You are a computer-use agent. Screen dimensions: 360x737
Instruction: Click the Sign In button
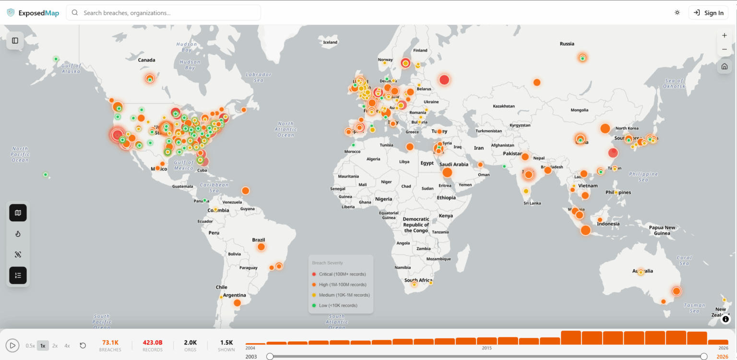[x=708, y=13]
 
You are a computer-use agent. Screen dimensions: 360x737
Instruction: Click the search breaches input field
[x=163, y=13]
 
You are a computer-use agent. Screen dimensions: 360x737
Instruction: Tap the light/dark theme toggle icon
[x=677, y=13]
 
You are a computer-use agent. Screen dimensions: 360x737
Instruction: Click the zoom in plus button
[x=724, y=36]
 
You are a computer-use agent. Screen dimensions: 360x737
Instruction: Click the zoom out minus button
[x=724, y=49]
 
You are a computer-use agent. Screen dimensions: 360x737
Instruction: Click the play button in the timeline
[x=12, y=345]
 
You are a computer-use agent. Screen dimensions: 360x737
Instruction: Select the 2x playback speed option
[x=55, y=346]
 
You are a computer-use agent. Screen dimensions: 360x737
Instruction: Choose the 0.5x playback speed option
[x=30, y=346]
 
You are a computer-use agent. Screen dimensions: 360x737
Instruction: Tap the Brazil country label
[x=259, y=240]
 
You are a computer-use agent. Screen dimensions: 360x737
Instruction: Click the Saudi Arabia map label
[x=453, y=165]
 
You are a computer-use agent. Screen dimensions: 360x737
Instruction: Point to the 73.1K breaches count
[x=110, y=343]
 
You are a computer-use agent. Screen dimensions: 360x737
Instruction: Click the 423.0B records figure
[x=153, y=343]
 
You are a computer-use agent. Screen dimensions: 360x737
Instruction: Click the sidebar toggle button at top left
[x=15, y=41]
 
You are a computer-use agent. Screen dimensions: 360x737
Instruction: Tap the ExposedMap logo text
[x=38, y=13]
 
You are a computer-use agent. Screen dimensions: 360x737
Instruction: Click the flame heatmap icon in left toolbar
[x=18, y=234]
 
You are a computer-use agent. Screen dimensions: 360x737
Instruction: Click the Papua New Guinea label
[x=662, y=230]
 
